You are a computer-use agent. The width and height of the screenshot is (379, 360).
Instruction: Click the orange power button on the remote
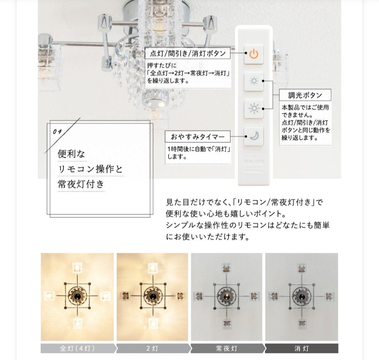tap(254, 54)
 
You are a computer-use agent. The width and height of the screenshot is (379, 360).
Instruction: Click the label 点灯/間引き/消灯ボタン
tap(188, 54)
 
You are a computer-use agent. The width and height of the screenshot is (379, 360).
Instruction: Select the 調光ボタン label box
tap(305, 95)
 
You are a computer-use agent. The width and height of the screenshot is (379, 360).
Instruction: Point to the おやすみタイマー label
tap(198, 136)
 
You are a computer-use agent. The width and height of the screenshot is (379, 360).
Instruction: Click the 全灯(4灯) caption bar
tap(77, 348)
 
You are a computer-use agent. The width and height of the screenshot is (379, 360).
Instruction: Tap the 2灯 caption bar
tap(153, 348)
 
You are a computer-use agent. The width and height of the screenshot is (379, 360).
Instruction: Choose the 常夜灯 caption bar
tap(226, 348)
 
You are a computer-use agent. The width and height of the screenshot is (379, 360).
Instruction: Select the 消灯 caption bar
tap(301, 348)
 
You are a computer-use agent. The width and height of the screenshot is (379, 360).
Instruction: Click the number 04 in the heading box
tap(57, 131)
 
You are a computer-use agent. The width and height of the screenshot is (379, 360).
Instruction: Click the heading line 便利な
tap(72, 154)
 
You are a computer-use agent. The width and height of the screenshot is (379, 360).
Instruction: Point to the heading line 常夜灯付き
tap(81, 184)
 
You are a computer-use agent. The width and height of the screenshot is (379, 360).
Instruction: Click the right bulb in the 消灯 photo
tap(329, 297)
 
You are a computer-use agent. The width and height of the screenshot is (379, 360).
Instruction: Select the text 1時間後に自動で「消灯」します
tap(198, 153)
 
